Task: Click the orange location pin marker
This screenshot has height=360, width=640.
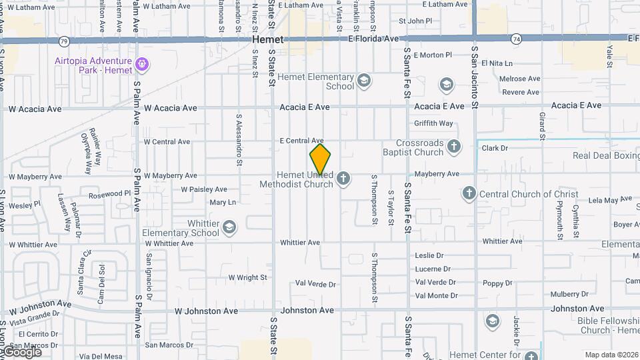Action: point(321,159)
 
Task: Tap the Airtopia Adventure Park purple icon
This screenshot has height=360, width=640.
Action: point(141,65)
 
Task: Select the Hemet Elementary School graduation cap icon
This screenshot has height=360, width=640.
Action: point(363,81)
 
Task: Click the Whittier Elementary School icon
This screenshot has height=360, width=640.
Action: point(229,227)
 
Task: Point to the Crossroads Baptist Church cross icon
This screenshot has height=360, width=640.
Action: point(454,147)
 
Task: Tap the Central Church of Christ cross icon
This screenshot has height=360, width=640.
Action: point(469,194)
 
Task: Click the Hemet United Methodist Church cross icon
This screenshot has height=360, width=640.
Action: point(343,178)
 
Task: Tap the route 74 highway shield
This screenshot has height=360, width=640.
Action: point(516,39)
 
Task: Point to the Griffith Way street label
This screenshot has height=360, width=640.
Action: point(433,123)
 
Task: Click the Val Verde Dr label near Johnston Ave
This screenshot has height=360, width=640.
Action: point(315,283)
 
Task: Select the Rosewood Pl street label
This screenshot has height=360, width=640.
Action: point(109,195)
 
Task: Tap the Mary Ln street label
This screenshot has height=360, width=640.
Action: point(223,202)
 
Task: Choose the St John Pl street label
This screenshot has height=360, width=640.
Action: point(415,21)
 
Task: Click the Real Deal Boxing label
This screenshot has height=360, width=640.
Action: point(606,155)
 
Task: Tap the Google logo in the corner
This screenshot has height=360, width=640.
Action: point(21,351)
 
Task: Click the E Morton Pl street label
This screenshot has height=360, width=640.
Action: point(433,55)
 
